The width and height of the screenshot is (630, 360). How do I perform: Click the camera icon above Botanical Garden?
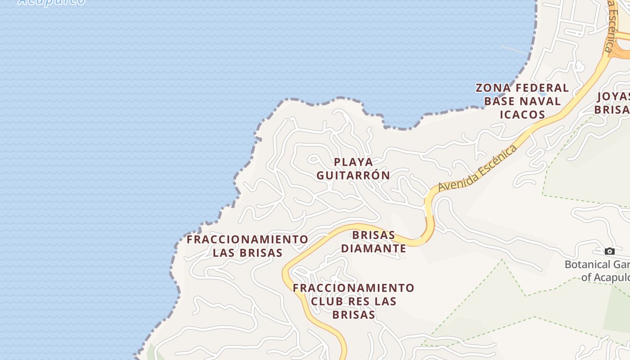pos(610,251)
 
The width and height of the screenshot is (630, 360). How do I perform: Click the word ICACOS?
pos(523,115)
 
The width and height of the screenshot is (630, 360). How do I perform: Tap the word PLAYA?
pos(354,162)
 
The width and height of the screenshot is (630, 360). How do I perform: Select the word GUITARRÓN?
pos(353,175)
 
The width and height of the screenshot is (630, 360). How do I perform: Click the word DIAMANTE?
pos(373,248)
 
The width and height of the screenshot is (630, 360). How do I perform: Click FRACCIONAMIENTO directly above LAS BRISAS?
pos(247,239)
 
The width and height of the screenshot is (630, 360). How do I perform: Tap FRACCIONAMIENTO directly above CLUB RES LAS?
pos(354,288)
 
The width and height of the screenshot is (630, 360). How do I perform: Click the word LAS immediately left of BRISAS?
pos(224,253)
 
